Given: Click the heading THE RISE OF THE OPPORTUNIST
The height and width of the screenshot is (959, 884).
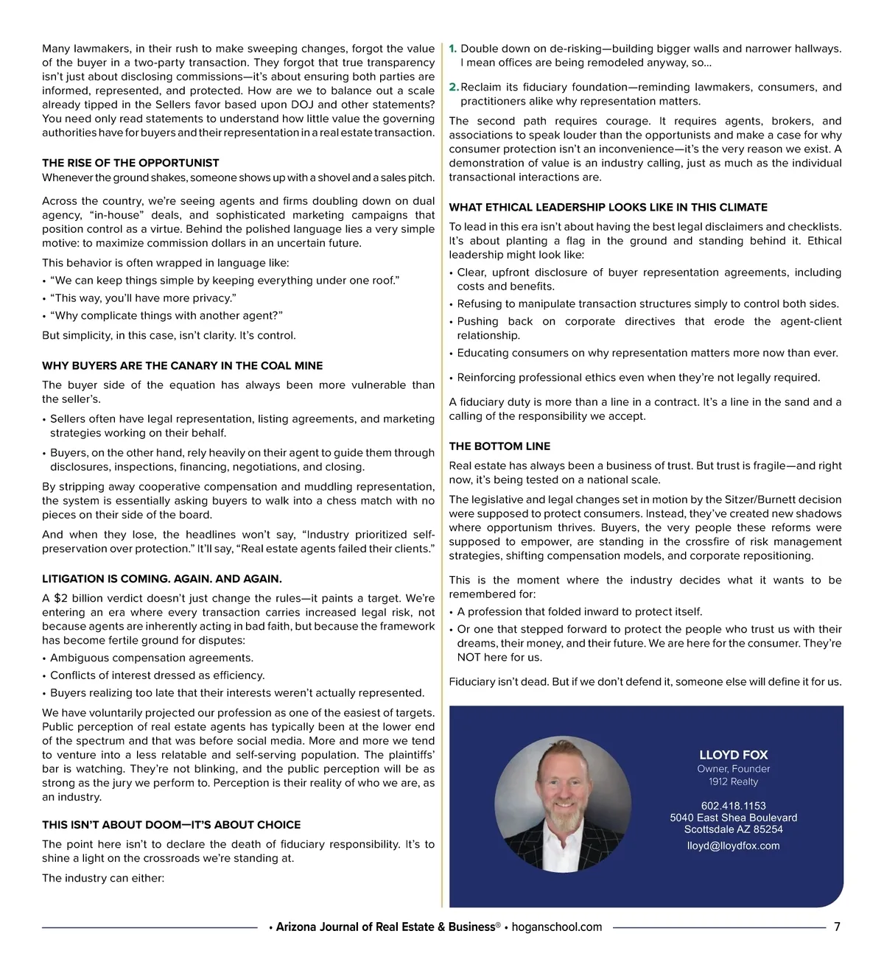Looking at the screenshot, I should (130, 163).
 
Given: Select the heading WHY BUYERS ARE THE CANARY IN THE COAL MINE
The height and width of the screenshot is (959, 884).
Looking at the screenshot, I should (182, 365).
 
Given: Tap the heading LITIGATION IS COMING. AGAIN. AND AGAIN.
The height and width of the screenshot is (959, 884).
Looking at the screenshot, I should (161, 579).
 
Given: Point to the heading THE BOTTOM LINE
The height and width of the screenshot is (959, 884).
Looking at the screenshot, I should (499, 446).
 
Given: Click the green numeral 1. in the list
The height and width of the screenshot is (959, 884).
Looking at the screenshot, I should (453, 49).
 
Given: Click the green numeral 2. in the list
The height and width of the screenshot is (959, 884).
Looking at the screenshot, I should (454, 87).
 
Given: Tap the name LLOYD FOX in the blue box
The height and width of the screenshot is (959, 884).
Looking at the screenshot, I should (733, 755).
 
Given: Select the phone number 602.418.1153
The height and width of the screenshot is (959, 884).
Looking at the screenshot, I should (733, 806).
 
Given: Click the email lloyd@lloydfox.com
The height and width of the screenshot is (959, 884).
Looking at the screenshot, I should (733, 846).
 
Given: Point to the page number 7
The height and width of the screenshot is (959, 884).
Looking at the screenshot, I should (837, 927).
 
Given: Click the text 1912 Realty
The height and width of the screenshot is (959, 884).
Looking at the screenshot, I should (733, 781).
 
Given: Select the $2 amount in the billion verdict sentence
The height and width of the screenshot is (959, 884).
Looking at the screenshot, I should (60, 598).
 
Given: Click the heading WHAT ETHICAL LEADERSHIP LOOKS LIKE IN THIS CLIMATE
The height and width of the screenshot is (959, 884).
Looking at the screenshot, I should (608, 208).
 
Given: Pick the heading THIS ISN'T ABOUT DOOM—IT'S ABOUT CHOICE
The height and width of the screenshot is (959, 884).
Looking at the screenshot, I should (171, 825).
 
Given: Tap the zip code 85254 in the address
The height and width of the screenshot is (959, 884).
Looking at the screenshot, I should (768, 829).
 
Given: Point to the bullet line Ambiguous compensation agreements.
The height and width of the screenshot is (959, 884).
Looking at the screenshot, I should (151, 658).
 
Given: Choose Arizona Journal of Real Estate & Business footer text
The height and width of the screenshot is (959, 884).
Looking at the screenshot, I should (385, 927).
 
